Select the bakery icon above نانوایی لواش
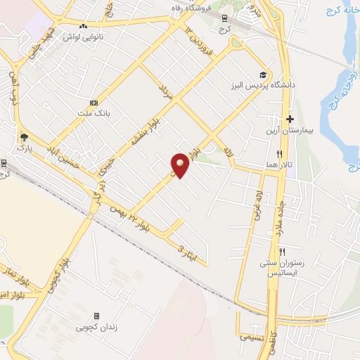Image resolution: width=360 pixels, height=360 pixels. tap(84, 26)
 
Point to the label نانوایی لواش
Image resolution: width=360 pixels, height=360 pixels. tap(84, 37)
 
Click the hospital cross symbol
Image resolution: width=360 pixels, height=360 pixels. tap(289, 120)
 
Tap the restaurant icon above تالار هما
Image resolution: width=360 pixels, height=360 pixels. tap(279, 154)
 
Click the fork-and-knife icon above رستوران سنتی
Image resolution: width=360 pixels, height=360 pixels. tap(282, 252)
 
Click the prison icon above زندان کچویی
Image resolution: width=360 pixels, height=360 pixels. tap(97, 316)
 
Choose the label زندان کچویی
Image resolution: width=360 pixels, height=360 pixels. tap(96, 328)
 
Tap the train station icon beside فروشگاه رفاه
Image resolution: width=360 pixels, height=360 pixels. tap(224, 18)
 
